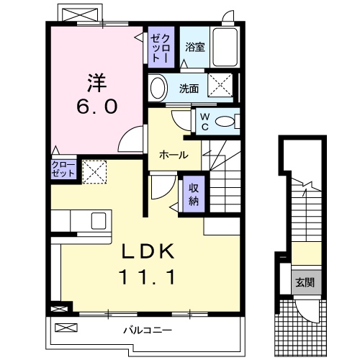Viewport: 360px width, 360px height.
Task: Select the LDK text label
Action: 148,251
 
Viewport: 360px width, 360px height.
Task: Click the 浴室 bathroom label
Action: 194,48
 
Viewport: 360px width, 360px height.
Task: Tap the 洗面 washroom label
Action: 189,89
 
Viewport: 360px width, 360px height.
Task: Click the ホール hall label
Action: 174,154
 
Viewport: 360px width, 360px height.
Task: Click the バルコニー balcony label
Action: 146,330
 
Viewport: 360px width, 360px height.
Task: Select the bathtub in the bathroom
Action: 227,48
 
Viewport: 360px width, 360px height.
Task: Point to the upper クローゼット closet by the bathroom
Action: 159,48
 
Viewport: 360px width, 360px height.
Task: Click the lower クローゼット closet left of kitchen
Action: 62,171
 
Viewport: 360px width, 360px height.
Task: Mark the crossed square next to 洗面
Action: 220,85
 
